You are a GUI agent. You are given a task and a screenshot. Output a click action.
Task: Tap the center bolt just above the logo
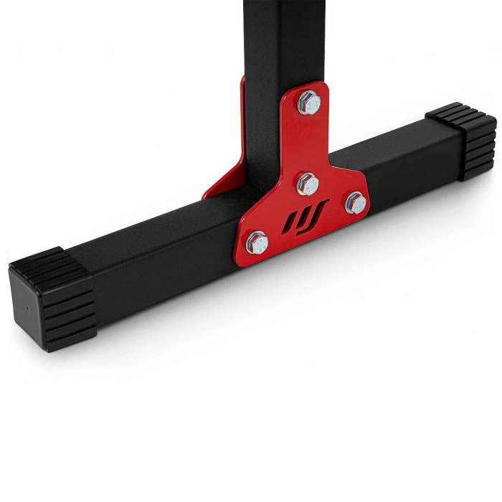308,184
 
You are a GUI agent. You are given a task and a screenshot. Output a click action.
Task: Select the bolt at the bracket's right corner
355,204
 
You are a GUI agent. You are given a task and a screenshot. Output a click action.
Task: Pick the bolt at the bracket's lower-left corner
257,242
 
